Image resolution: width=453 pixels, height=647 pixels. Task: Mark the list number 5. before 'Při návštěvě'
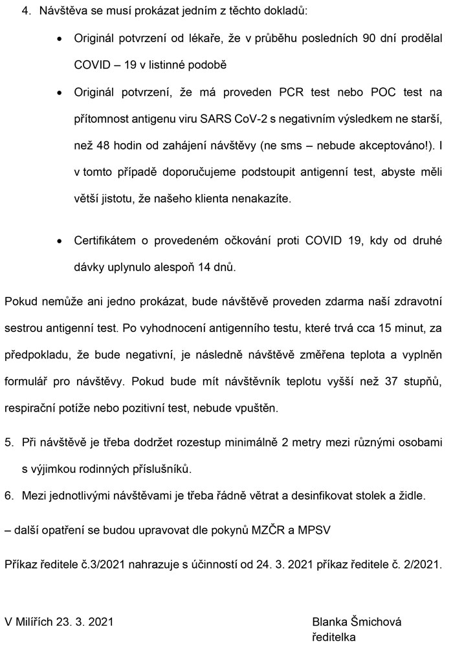pyautogui.click(x=10, y=443)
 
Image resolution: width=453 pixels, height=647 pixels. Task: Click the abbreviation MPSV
pyautogui.click(x=314, y=531)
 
